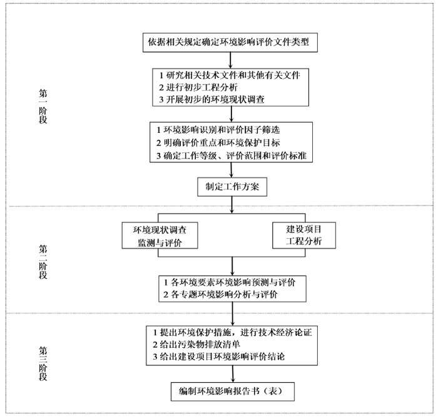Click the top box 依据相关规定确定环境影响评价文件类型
pyautogui.click(x=230, y=43)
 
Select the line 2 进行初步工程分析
pyautogui.click(x=198, y=87)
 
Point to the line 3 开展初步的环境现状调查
pyautogui.click(x=211, y=99)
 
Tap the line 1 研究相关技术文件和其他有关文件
pyautogui.click(x=230, y=75)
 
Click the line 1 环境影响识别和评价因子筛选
pyautogui.click(x=218, y=130)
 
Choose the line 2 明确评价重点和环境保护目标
pyautogui.click(x=218, y=143)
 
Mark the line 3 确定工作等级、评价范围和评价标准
pyautogui.click(x=232, y=155)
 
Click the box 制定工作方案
pyautogui.click(x=232, y=187)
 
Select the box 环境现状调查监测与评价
pyautogui.click(x=160, y=236)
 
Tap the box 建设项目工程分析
pyautogui.click(x=304, y=235)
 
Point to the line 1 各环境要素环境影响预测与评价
pyautogui.click(x=230, y=282)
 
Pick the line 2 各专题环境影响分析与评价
pyautogui.click(x=220, y=295)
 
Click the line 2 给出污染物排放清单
pyautogui.click(x=196, y=345)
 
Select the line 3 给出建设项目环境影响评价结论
pyautogui.click(x=219, y=357)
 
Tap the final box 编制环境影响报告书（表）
pyautogui.click(x=233, y=392)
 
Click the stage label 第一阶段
pyautogui.click(x=43, y=107)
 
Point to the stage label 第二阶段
pyautogui.click(x=43, y=262)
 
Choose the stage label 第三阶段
pyautogui.click(x=43, y=363)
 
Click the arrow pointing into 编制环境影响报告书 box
pyautogui.click(x=233, y=374)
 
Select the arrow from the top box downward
pyautogui.click(x=230, y=60)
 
